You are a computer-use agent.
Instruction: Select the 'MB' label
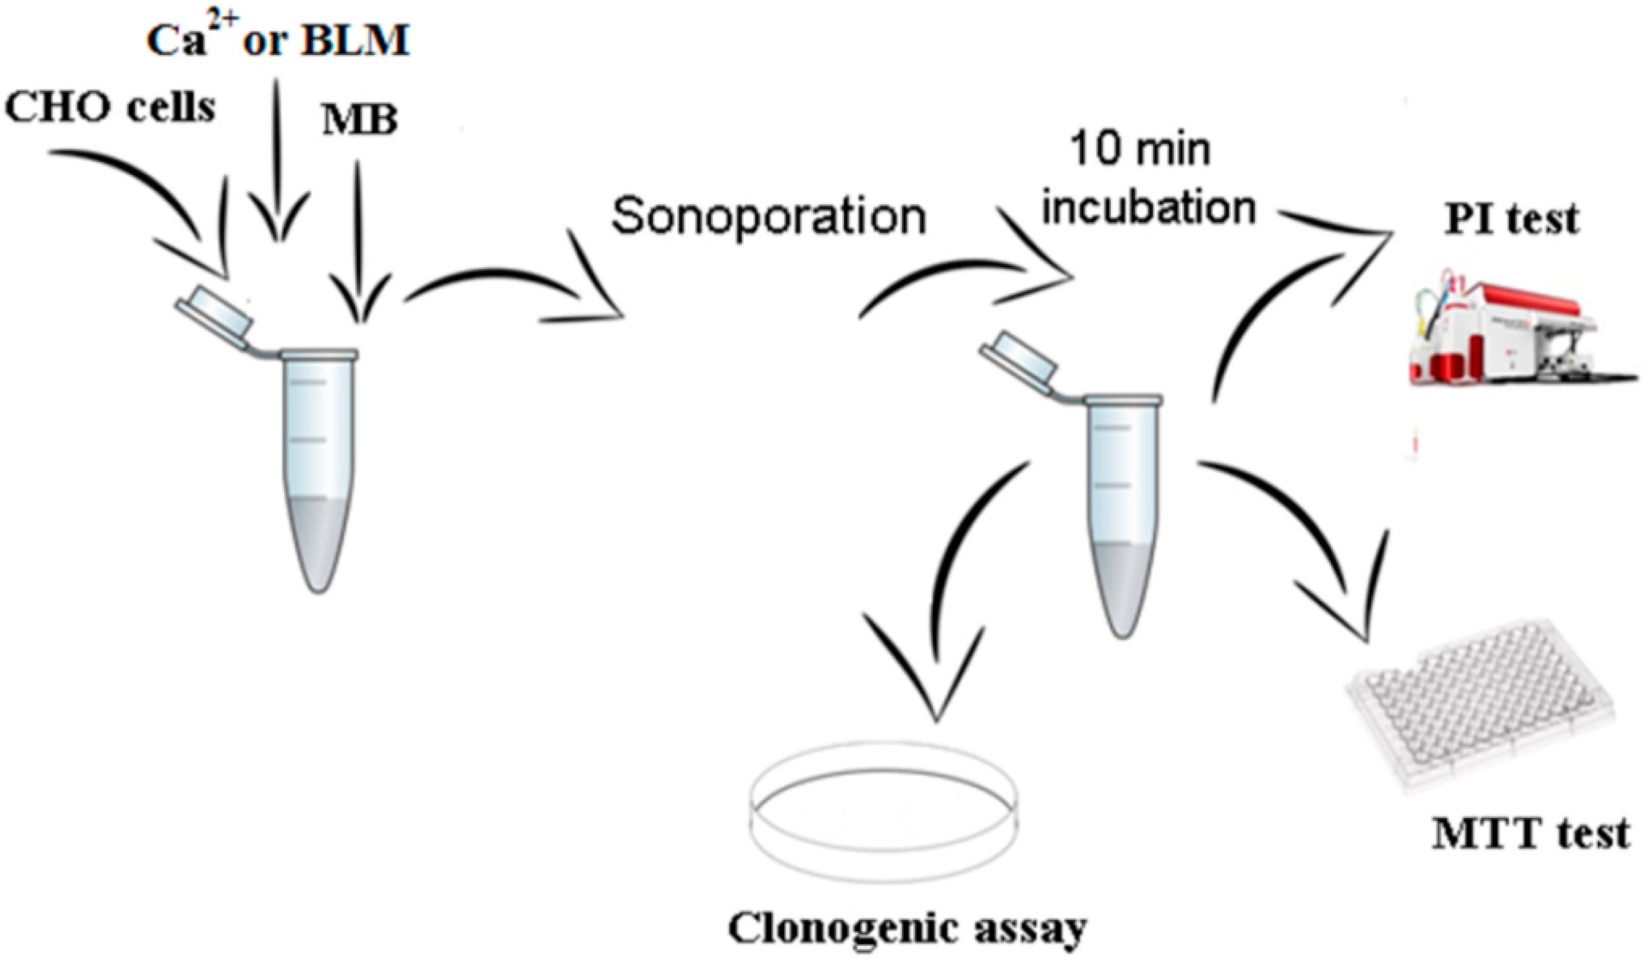tap(359, 122)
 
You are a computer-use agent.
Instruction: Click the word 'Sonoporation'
tap(768, 216)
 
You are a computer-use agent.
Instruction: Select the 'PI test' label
tap(1512, 220)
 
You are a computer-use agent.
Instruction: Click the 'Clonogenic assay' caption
tap(907, 929)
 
